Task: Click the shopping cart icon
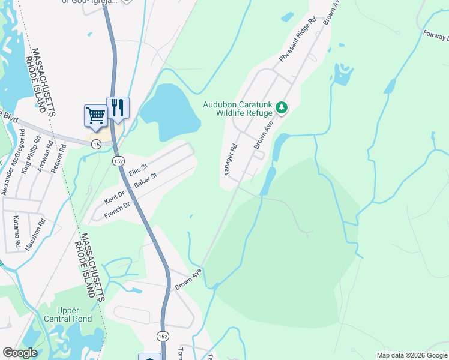[x=95, y=115]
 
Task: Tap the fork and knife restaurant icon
[x=118, y=108]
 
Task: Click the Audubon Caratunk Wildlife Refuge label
[x=237, y=108]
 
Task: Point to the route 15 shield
[x=96, y=144]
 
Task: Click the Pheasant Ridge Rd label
[x=297, y=40]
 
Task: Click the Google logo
[x=20, y=353]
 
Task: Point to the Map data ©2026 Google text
[x=411, y=355]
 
